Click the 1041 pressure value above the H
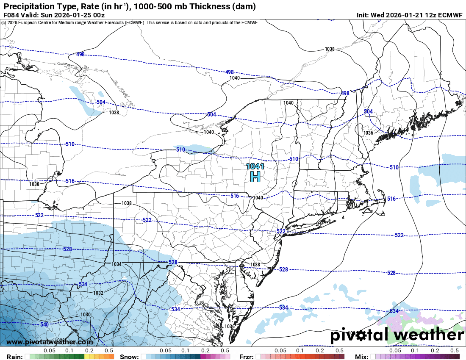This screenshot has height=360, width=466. pyautogui.click(x=255, y=166)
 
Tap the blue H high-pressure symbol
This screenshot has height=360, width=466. pyautogui.click(x=255, y=176)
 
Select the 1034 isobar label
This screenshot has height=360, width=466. pyautogui.click(x=116, y=264)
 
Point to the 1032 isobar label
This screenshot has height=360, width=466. pyautogui.click(x=98, y=293)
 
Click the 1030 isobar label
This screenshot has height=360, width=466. pyautogui.click(x=86, y=314)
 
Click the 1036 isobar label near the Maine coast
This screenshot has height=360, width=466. pyautogui.click(x=368, y=133)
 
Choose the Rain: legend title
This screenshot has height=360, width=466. pyautogui.click(x=11, y=357)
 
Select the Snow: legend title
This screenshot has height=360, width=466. pyautogui.click(x=129, y=357)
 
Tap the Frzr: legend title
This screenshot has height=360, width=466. pyautogui.click(x=246, y=357)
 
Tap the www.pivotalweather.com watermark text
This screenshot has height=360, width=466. pyautogui.click(x=50, y=342)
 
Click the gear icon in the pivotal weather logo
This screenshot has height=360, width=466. pyautogui.click(x=361, y=336)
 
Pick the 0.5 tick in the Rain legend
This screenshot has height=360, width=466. pyautogui.click(x=109, y=351)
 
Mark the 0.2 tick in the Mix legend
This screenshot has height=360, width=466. pyautogui.click(x=435, y=351)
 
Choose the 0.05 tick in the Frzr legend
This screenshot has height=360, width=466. pyautogui.click(x=280, y=351)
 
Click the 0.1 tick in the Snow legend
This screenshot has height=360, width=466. pyautogui.click(x=185, y=351)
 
